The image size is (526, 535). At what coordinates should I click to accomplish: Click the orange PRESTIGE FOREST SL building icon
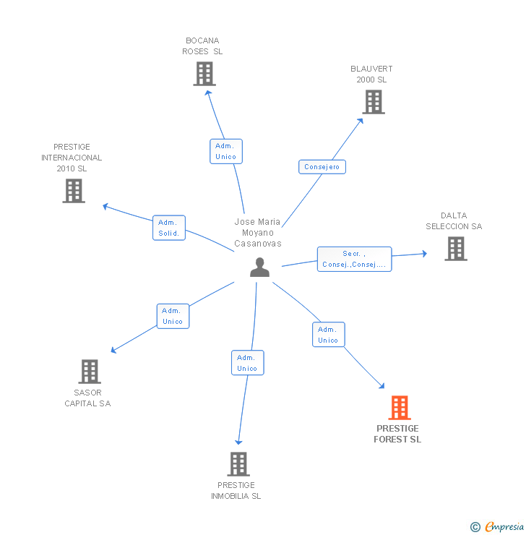pyautogui.click(x=400, y=407)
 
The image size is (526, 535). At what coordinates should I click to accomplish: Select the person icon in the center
pyautogui.click(x=260, y=267)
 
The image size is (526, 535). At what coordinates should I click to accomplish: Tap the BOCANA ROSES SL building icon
pyautogui.click(x=204, y=74)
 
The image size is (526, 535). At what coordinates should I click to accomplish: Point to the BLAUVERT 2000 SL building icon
pyautogui.click(x=374, y=102)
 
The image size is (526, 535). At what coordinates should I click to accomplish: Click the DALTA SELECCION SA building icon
pyautogui.click(x=456, y=249)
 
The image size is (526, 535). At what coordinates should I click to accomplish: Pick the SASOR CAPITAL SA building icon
pyautogui.click(x=90, y=372)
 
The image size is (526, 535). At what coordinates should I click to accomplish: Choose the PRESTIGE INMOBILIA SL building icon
pyautogui.click(x=238, y=464)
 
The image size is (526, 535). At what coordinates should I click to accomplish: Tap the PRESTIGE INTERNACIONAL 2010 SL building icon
pyautogui.click(x=74, y=191)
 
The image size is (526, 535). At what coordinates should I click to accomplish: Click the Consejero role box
pyautogui.click(x=322, y=167)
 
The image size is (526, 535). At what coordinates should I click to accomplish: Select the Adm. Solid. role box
pyautogui.click(x=169, y=228)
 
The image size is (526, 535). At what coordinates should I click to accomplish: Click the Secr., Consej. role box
pyautogui.click(x=355, y=259)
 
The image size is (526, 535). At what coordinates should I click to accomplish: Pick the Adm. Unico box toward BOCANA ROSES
pyautogui.click(x=226, y=151)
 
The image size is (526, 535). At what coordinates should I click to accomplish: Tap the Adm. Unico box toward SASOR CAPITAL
pyautogui.click(x=173, y=316)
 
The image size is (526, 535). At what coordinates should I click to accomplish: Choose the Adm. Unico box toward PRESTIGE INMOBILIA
pyautogui.click(x=248, y=363)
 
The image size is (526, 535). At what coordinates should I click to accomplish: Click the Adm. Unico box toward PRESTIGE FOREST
pyautogui.click(x=329, y=334)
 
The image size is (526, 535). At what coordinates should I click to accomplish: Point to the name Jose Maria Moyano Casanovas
pyautogui.click(x=258, y=233)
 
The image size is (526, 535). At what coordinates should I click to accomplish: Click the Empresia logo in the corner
pyautogui.click(x=498, y=526)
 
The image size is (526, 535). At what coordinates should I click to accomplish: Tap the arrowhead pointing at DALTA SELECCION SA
pyautogui.click(x=425, y=254)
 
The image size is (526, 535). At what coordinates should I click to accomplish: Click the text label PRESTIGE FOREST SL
pyautogui.click(x=397, y=434)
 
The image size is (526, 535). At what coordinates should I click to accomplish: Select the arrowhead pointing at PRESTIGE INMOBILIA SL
pyautogui.click(x=238, y=442)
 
